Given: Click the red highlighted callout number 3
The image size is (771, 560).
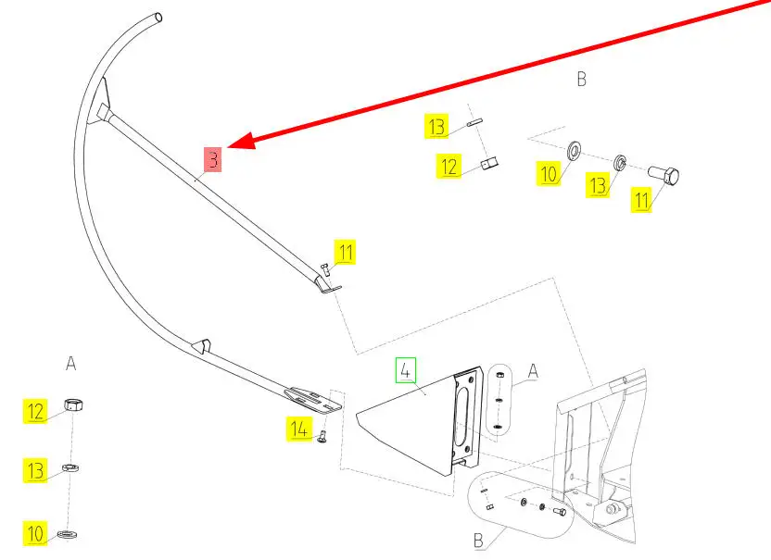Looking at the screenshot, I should (213, 160).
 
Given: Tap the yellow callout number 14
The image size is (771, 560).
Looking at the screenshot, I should (298, 429).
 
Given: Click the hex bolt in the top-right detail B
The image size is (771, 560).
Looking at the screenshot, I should (660, 173).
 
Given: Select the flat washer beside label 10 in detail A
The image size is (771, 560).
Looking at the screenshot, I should (68, 534).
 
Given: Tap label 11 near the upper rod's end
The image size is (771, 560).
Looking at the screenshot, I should (345, 251).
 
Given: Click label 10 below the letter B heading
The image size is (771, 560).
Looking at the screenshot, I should (550, 173).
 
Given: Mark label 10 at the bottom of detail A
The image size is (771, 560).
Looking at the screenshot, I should (35, 533).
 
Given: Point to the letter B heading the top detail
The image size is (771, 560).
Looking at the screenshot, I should (581, 80).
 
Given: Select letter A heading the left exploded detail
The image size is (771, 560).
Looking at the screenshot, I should (70, 363).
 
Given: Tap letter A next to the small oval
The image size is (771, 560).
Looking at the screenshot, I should (533, 370).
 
